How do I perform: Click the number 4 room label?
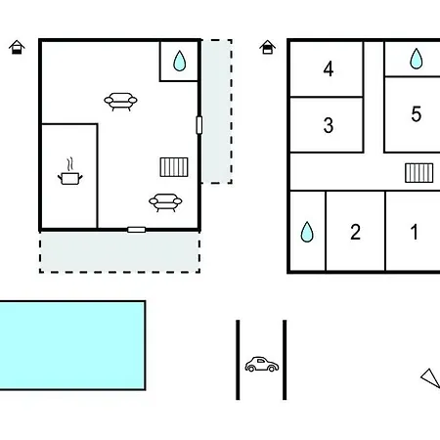tap(329, 68)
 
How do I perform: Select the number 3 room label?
tap(329, 125)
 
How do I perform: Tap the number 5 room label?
tap(416, 114)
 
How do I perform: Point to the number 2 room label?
tap(355, 232)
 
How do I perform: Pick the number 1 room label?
tap(415, 232)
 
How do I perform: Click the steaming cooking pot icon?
tap(70, 172)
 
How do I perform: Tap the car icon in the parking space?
tap(262, 365)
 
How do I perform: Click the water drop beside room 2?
tap(307, 232)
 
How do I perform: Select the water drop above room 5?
tap(416, 59)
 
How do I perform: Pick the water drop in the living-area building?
tap(180, 61)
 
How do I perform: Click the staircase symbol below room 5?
tap(419, 173)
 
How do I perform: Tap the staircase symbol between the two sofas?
tap(174, 167)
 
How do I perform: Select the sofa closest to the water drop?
tap(120, 102)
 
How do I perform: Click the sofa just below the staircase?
tap(165, 202)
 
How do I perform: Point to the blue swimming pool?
tap(72, 345)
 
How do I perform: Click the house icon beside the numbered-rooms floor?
tap(267, 47)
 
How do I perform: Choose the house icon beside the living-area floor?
tap(17, 47)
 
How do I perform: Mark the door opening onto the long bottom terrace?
tap(136, 230)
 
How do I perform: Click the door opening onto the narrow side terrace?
tap(199, 125)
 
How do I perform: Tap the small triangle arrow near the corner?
tap(431, 378)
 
